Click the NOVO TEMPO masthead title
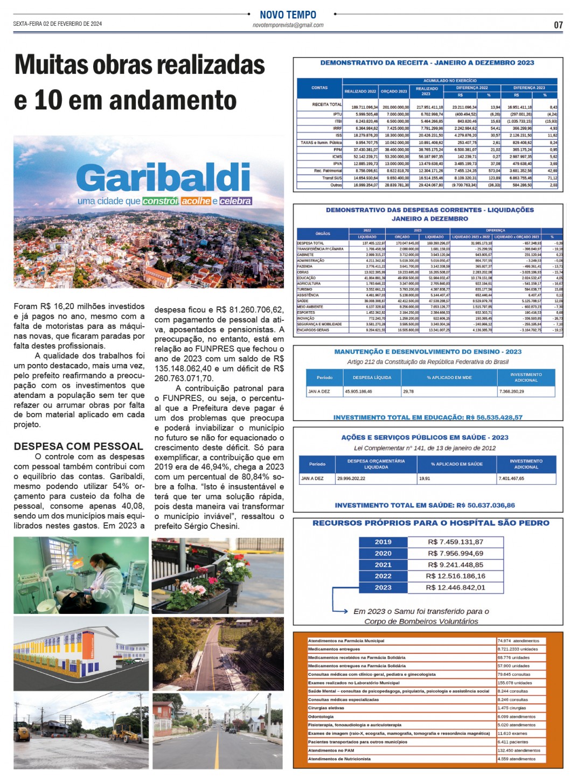click(x=288, y=15)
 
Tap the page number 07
click(x=558, y=25)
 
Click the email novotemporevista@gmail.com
click(x=288, y=25)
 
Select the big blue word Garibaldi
click(x=163, y=177)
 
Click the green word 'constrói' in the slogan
click(x=160, y=201)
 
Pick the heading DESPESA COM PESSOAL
click(x=79, y=446)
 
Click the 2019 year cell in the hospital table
click(x=383, y=542)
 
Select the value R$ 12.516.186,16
click(x=455, y=576)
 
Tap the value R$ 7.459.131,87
click(x=455, y=542)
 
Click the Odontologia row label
click(x=321, y=716)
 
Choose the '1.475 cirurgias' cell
click(x=512, y=708)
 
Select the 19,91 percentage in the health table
click(x=425, y=478)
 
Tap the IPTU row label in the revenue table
click(x=337, y=114)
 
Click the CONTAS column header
click(x=319, y=88)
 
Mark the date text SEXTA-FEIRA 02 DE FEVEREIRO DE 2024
click(x=58, y=24)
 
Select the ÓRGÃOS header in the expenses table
click(x=323, y=234)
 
